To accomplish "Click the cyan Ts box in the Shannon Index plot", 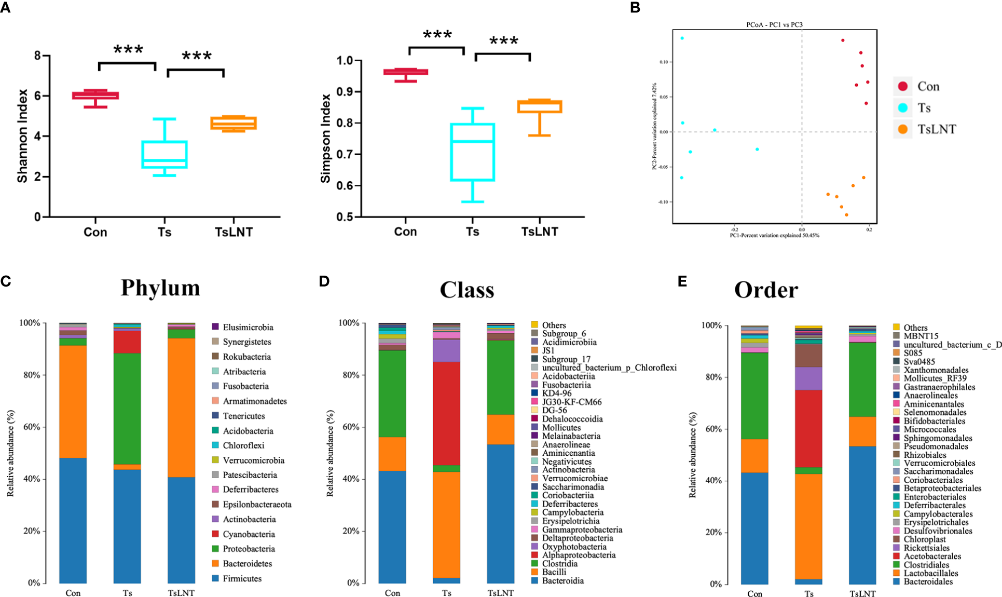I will pos(164,154).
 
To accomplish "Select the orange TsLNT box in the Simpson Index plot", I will pos(540,106).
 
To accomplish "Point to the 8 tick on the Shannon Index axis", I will pos(37,56).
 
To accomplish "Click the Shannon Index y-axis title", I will pos(22,136).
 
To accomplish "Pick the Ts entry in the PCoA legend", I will pos(924,108).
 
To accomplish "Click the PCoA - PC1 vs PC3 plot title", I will pos(774,24).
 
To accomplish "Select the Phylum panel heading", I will pos(160,288).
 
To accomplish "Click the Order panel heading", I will pos(766,290).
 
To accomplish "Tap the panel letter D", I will pos(324,281).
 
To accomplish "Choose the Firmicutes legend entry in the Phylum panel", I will pos(242,578).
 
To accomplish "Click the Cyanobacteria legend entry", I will pos(249,534).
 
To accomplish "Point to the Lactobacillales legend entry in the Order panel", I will pos(930,573).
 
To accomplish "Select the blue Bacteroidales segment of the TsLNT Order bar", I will pos(862,514).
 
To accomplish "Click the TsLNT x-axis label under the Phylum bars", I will pos(181,593).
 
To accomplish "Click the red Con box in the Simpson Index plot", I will pos(406,72).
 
